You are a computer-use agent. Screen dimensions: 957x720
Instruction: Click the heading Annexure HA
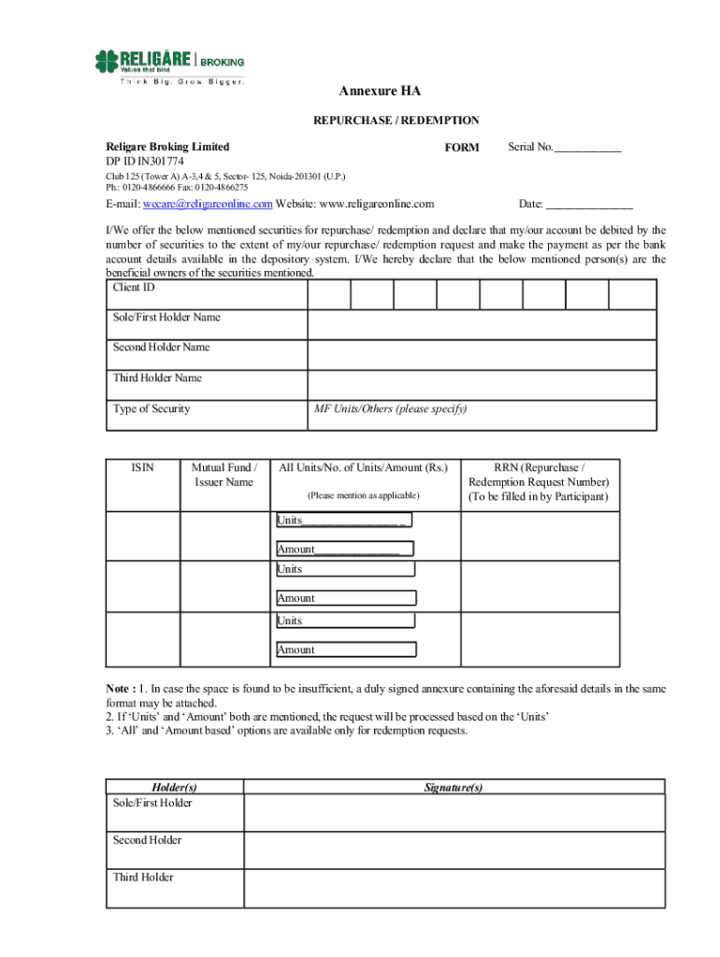tap(380, 92)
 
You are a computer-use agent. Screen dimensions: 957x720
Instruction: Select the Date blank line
tap(589, 204)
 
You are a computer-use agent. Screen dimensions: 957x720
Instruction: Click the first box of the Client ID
tap(329, 294)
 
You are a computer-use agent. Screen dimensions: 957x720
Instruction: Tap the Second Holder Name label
tap(161, 348)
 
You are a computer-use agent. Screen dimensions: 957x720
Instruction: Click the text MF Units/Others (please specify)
tap(390, 409)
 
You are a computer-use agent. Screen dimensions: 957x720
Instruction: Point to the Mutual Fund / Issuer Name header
tap(223, 474)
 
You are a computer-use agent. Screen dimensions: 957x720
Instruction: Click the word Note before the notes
tap(122, 689)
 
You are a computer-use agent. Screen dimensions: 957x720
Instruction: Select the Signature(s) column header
tap(454, 787)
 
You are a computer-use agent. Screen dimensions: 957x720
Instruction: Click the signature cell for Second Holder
tap(454, 850)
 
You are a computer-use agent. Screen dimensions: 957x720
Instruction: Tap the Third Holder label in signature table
tap(143, 878)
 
